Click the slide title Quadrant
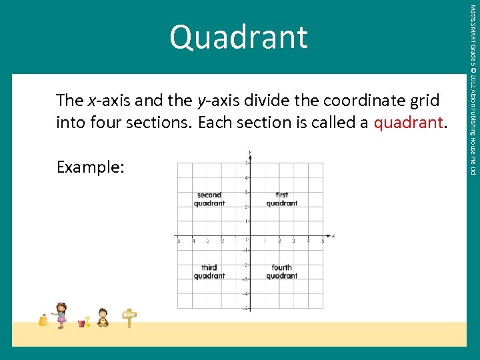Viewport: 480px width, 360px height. tap(239, 37)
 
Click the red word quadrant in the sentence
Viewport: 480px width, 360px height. tap(409, 123)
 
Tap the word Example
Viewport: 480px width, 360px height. tap(90, 167)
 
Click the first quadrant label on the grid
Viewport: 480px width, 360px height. tap(281, 199)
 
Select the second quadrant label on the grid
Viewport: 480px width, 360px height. tap(209, 199)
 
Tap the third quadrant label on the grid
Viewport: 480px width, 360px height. tap(209, 272)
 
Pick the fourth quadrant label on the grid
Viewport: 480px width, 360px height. tap(281, 272)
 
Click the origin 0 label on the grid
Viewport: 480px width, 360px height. tap(246, 240)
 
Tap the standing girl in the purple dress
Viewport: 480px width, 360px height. tap(61, 315)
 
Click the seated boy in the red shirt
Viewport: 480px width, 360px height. tap(103, 317)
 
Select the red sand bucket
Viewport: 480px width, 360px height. tap(82, 323)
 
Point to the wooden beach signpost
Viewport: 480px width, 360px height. tap(129, 318)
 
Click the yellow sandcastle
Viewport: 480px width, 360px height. tap(43, 320)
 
